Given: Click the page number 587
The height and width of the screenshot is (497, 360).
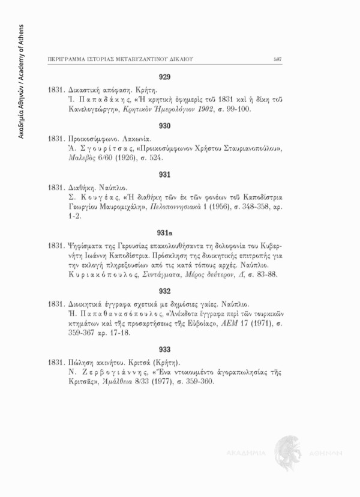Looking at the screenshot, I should pyautogui.click(x=278, y=59).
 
